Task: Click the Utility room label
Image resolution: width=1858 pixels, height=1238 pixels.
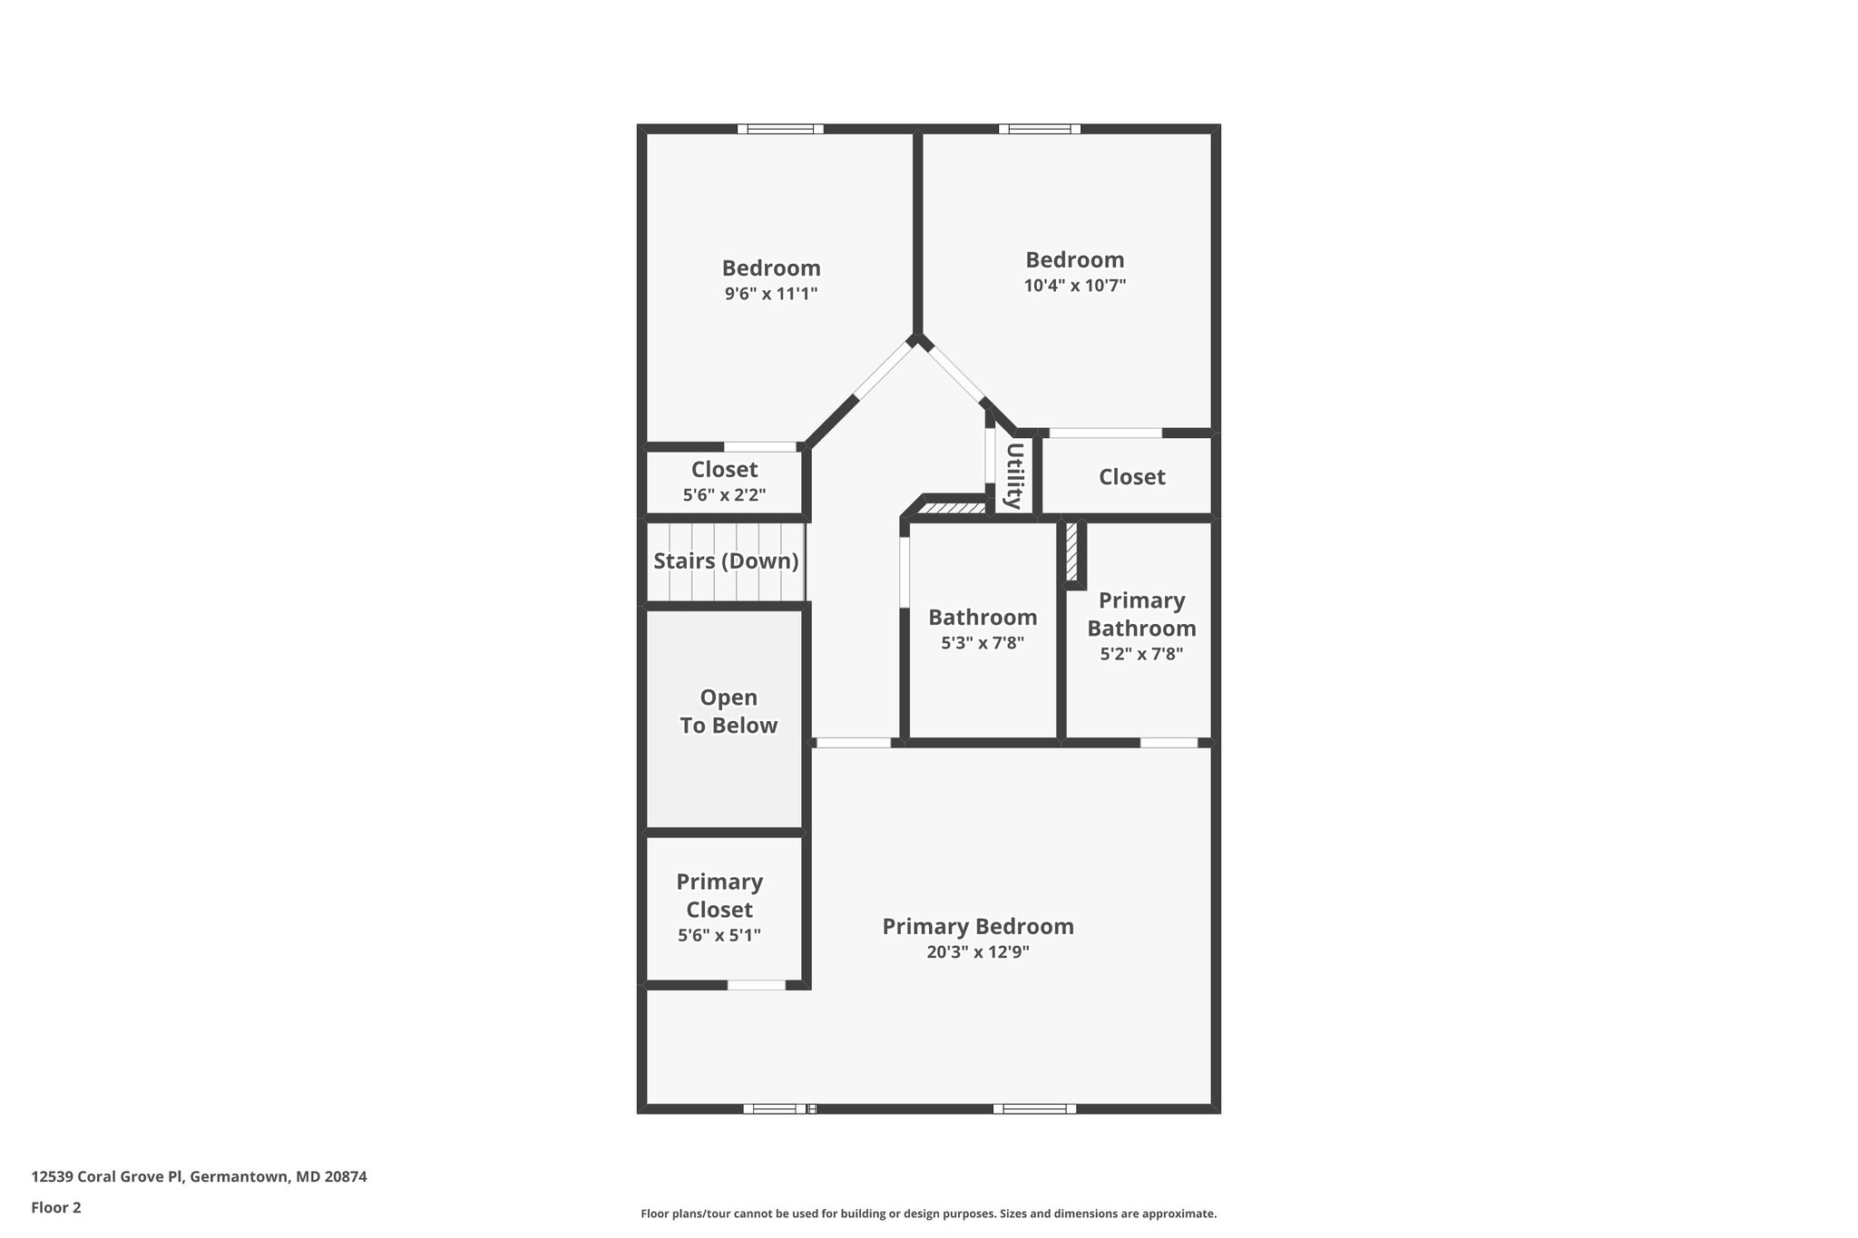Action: [1015, 475]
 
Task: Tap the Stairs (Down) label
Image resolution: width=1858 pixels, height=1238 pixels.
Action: [726, 561]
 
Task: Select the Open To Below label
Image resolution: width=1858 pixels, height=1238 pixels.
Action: [729, 711]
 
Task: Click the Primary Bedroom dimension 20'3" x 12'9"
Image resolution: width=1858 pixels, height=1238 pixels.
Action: [978, 952]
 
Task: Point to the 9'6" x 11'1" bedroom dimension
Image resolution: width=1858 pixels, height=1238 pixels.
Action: [771, 294]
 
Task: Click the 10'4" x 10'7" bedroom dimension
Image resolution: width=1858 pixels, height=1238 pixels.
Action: [1075, 286]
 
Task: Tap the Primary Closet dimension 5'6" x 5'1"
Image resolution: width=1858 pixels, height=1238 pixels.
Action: [719, 935]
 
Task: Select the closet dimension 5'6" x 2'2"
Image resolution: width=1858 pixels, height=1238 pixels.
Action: [724, 495]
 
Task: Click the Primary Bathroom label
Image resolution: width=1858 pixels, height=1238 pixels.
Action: [1141, 614]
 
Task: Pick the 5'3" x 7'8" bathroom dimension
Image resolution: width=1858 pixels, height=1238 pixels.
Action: [983, 643]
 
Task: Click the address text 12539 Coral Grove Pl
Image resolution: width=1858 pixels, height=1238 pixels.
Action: [107, 1176]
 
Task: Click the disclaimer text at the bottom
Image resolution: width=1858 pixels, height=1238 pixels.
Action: [928, 1214]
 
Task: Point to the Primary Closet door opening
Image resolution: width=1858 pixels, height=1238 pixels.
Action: [757, 985]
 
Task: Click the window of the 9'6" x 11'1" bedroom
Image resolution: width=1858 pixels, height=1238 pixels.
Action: [780, 129]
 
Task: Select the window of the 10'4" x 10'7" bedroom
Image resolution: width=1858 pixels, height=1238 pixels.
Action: [1040, 129]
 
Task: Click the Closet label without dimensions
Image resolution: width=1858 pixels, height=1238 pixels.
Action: [1132, 477]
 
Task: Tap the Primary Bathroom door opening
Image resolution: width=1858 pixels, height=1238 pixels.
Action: [1169, 743]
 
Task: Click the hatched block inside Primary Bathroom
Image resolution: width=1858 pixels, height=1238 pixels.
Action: [1071, 551]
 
